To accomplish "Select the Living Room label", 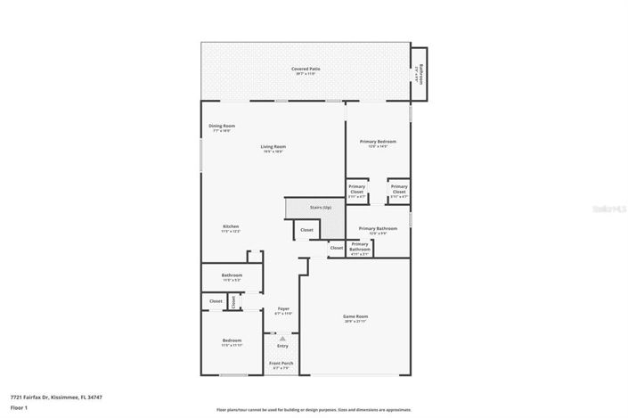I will [x=273, y=146].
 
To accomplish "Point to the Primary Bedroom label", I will [x=378, y=142].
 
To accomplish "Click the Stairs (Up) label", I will [x=321, y=207].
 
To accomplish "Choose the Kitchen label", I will [x=231, y=226].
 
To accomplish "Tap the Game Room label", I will [x=356, y=316].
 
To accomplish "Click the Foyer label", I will [x=283, y=308].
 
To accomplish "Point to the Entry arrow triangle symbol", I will [x=282, y=339].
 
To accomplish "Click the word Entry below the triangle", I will [x=282, y=346].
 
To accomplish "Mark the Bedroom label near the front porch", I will [x=232, y=340].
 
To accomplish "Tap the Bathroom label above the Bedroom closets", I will [x=232, y=275].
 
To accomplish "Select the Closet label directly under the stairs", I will [x=306, y=230].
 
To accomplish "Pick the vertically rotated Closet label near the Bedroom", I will [x=234, y=302].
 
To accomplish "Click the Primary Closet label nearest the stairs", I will [x=356, y=188].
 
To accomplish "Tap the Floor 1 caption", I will [x=19, y=407].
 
